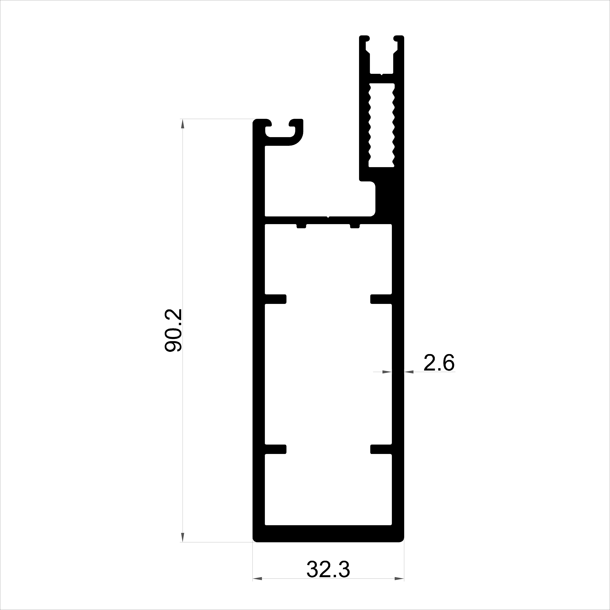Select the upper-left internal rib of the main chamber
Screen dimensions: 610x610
point(275,299)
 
